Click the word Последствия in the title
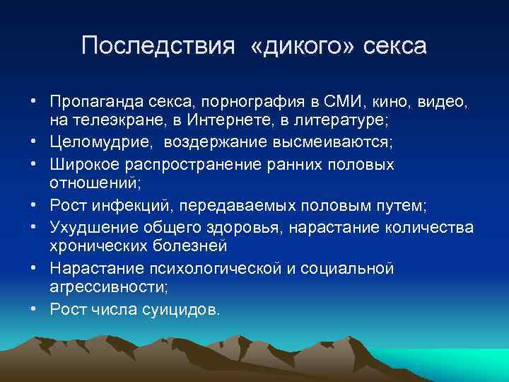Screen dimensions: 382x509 [157, 46]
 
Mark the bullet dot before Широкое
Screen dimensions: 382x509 [33, 163]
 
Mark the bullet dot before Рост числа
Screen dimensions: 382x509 [33, 309]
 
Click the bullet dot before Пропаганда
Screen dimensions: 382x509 [33, 102]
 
